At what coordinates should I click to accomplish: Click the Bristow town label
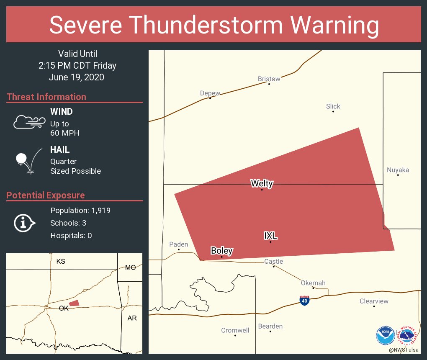pyautogui.click(x=269, y=79)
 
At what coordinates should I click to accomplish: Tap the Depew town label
pyautogui.click(x=210, y=93)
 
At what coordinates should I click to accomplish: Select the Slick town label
pyautogui.click(x=333, y=106)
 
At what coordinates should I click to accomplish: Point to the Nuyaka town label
pyautogui.click(x=398, y=170)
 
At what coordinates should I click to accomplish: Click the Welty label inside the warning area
pyautogui.click(x=262, y=183)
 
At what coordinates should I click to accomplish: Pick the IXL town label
pyautogui.click(x=270, y=236)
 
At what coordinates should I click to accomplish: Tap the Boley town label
pyautogui.click(x=222, y=251)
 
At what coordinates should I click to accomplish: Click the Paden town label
pyautogui.click(x=179, y=244)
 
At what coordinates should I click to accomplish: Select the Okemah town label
pyautogui.click(x=313, y=283)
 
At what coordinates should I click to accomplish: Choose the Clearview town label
pyautogui.click(x=374, y=301)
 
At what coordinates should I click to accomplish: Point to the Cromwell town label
pyautogui.click(x=235, y=330)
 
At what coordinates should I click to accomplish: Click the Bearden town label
pyautogui.click(x=270, y=326)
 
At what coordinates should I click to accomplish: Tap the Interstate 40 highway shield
pyautogui.click(x=305, y=301)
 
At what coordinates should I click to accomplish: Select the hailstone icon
pyautogui.click(x=22, y=159)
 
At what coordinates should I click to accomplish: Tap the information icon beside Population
pyautogui.click(x=24, y=223)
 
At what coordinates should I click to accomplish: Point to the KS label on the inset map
pyautogui.click(x=61, y=261)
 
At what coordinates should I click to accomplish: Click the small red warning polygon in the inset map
pyautogui.click(x=74, y=303)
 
